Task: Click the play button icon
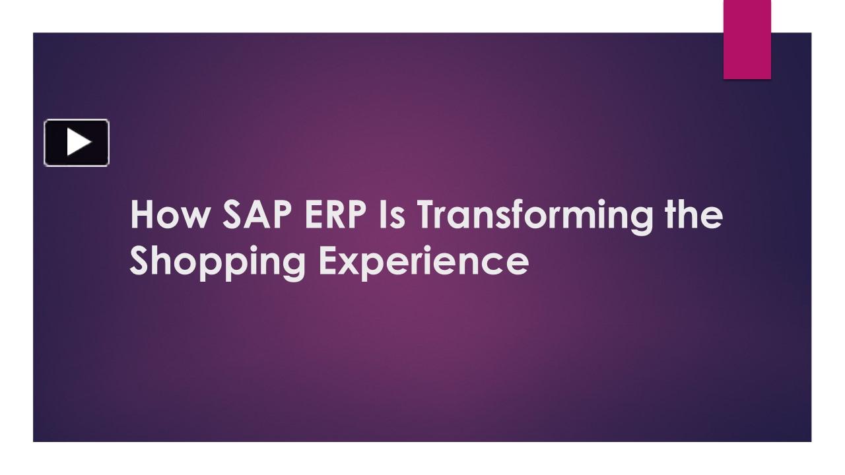tap(77, 142)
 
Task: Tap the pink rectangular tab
tap(747, 40)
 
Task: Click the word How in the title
tap(168, 215)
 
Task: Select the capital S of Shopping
tap(141, 261)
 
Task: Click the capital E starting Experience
tap(329, 261)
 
